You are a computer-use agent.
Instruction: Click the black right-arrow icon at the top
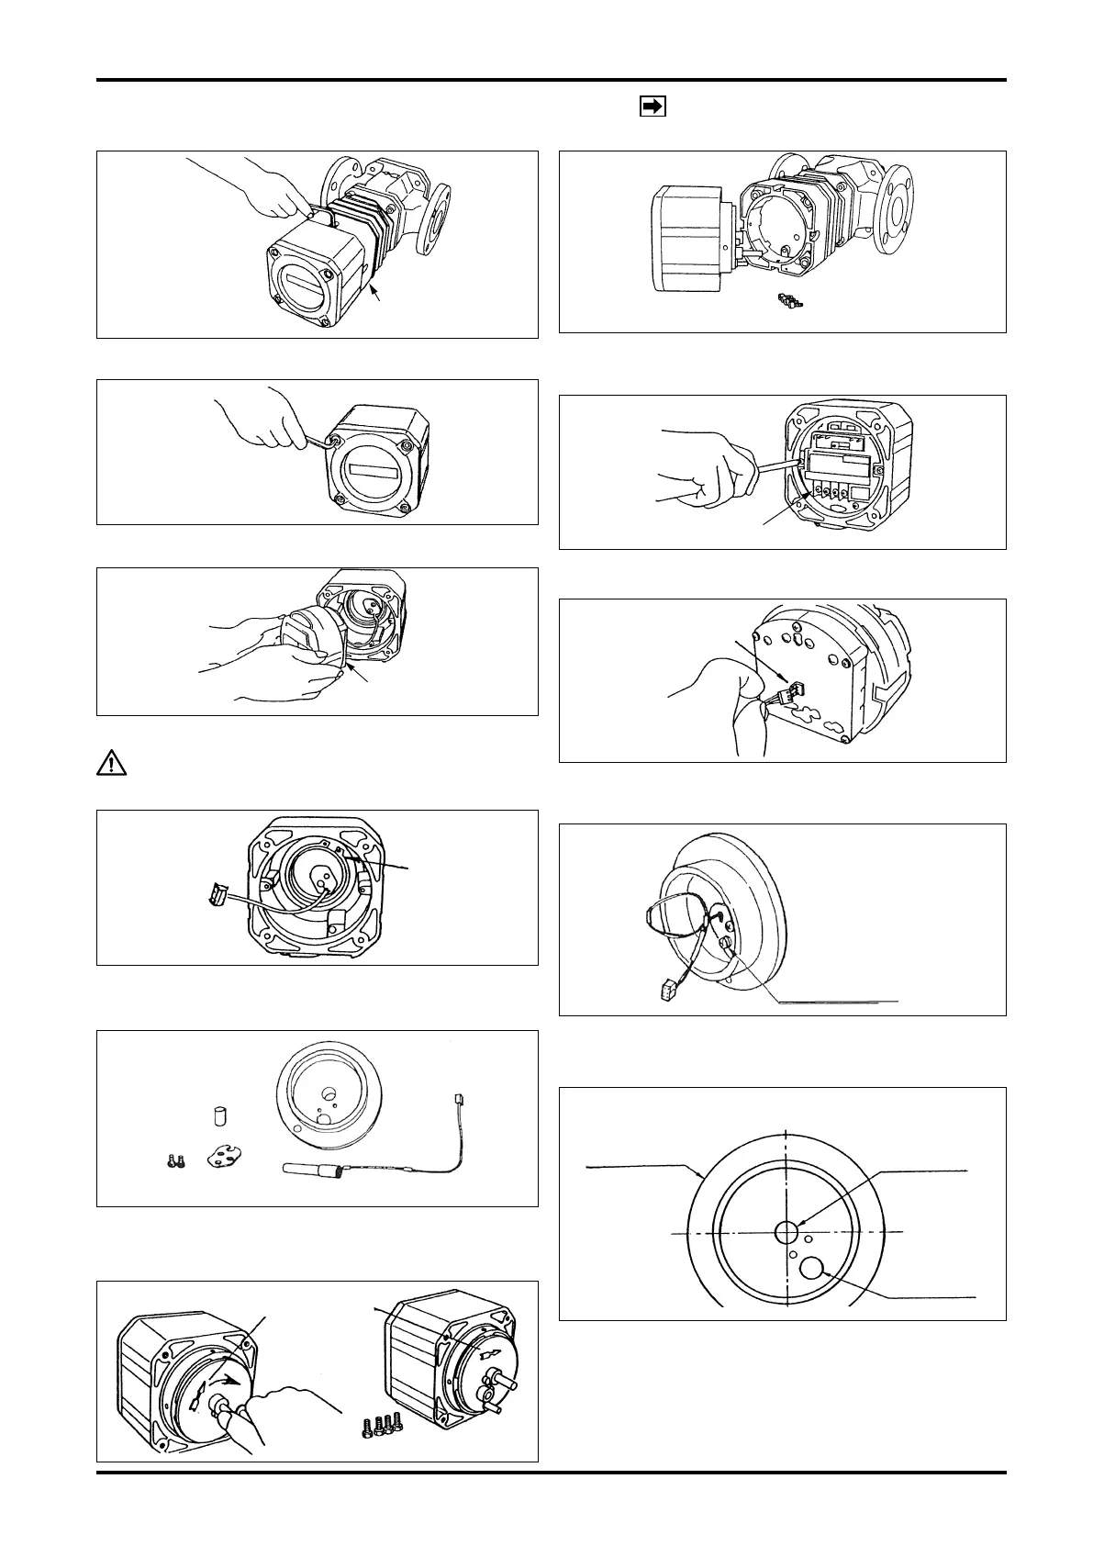pos(651,107)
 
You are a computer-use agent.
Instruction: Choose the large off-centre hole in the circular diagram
pos(812,1270)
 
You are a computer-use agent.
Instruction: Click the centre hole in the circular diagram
pos(786,1230)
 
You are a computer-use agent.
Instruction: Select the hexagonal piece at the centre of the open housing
pos(319,875)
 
